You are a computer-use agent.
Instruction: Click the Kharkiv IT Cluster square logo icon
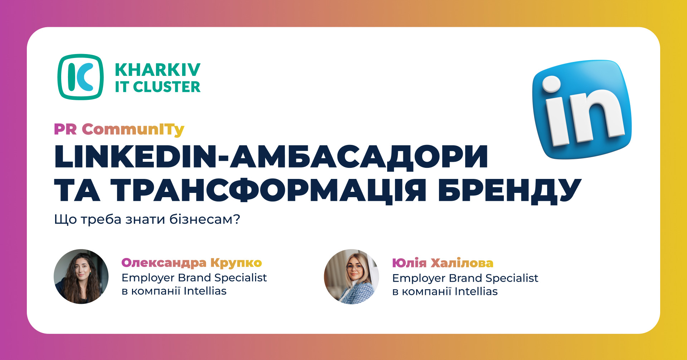coord(81,77)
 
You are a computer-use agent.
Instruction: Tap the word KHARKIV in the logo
coord(158,70)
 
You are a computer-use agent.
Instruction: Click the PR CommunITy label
coord(119,130)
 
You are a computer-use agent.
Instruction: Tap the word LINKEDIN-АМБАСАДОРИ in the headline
coord(271,156)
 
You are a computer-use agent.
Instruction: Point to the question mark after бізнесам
coord(236,219)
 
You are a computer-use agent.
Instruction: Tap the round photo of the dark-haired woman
coord(81,277)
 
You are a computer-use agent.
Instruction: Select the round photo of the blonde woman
coord(351,277)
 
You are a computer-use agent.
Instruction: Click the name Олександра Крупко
coord(192,263)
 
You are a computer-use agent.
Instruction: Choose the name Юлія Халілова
coord(443,263)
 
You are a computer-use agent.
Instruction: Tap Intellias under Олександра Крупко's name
coord(205,291)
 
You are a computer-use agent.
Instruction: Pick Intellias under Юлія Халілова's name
coord(476,291)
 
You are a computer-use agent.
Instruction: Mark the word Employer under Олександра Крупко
coord(148,278)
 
